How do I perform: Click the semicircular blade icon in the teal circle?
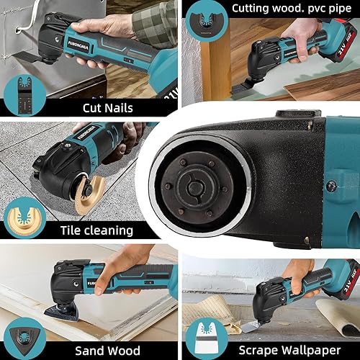point(204,25)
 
